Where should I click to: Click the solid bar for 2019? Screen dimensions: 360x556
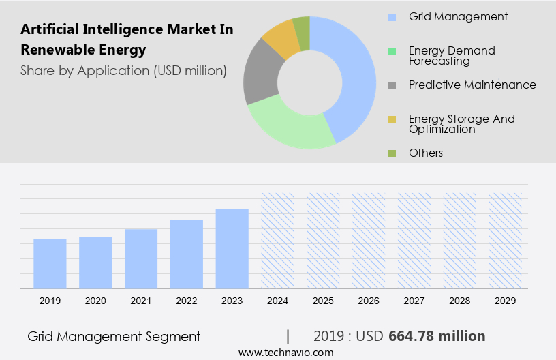[50, 263]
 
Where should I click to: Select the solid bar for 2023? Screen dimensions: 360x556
[232, 248]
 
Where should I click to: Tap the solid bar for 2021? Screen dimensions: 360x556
[141, 258]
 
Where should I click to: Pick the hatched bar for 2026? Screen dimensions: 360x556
[369, 240]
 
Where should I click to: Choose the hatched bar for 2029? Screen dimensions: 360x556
[505, 240]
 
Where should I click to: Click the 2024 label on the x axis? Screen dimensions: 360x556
[277, 301]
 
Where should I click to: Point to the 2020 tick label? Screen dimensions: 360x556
[95, 301]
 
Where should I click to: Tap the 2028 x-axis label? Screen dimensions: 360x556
[460, 301]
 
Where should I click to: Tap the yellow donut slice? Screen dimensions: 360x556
[280, 38]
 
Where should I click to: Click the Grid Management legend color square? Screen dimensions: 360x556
[392, 17]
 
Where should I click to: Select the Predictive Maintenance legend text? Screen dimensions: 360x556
[472, 85]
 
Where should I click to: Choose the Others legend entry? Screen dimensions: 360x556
[426, 153]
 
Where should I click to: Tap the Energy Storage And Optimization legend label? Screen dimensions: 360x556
[461, 124]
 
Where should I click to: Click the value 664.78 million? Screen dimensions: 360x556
[437, 336]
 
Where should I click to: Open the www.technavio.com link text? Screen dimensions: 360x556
[286, 352]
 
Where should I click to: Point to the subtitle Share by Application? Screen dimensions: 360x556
[123, 70]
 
